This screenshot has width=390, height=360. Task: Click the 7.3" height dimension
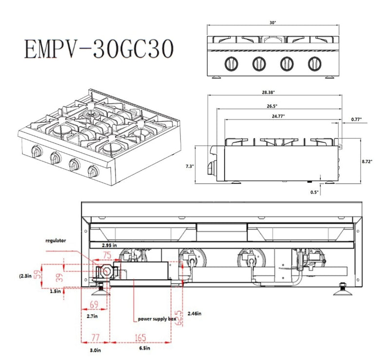click(x=190, y=166)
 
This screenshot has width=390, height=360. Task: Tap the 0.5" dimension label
click(x=314, y=192)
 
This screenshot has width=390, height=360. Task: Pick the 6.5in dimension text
click(x=142, y=349)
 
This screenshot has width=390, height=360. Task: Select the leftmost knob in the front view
click(x=230, y=63)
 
